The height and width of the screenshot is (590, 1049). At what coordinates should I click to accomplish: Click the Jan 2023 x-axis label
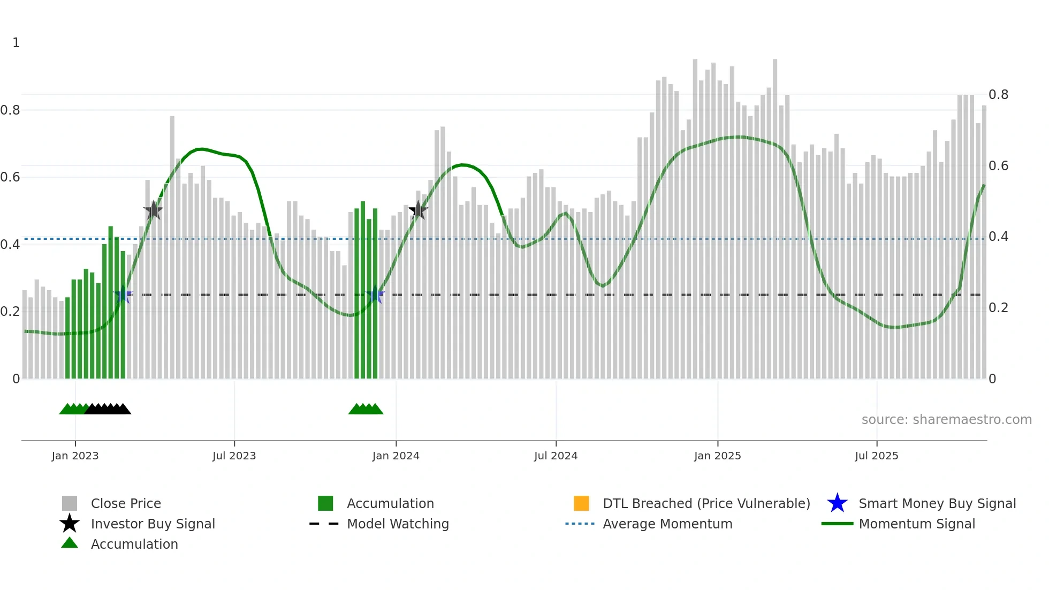75,456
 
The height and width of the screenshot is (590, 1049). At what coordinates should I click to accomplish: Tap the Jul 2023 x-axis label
234,456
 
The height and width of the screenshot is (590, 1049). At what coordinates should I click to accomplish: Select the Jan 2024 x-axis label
396,456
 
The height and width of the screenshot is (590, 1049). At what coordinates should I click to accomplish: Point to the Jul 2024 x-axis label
556,456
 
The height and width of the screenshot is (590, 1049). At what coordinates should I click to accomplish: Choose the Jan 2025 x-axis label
717,456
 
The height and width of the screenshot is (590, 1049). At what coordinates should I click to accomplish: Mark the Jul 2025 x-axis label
876,456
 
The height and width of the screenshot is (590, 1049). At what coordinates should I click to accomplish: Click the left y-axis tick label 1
16,43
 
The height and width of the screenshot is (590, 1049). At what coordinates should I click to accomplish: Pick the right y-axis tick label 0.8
998,95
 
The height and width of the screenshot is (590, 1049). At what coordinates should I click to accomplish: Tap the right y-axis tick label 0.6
998,166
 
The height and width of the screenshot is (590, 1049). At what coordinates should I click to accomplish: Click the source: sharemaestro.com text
946,420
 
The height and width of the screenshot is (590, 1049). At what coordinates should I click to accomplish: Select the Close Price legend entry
126,504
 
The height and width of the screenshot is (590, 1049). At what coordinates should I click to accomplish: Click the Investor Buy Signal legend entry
153,524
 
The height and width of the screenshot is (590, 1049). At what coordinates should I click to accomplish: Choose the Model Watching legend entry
398,524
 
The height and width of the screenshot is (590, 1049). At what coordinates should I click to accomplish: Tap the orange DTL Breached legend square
581,503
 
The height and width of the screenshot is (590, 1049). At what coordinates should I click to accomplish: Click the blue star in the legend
837,503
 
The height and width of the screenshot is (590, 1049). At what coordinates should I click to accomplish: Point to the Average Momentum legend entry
667,524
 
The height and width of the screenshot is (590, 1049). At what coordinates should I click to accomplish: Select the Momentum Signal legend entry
916,524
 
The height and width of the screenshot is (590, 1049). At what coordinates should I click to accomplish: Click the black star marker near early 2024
418,210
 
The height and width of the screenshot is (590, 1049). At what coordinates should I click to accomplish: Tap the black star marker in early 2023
154,210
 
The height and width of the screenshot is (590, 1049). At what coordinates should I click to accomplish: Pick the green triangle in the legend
70,543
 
